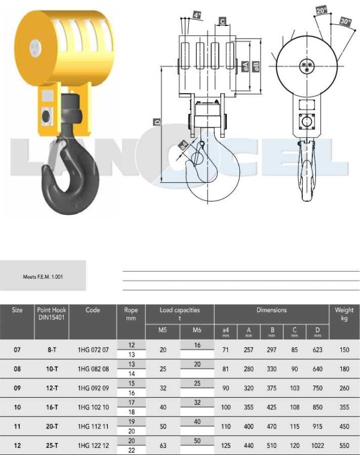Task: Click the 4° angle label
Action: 197,15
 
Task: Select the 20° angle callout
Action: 321,10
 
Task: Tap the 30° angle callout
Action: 345,21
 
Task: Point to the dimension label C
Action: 222,21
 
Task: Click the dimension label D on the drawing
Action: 157,122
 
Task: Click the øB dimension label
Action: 256,67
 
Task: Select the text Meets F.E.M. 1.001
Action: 43,277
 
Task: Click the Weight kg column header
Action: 344,314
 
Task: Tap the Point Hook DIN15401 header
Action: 52,313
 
